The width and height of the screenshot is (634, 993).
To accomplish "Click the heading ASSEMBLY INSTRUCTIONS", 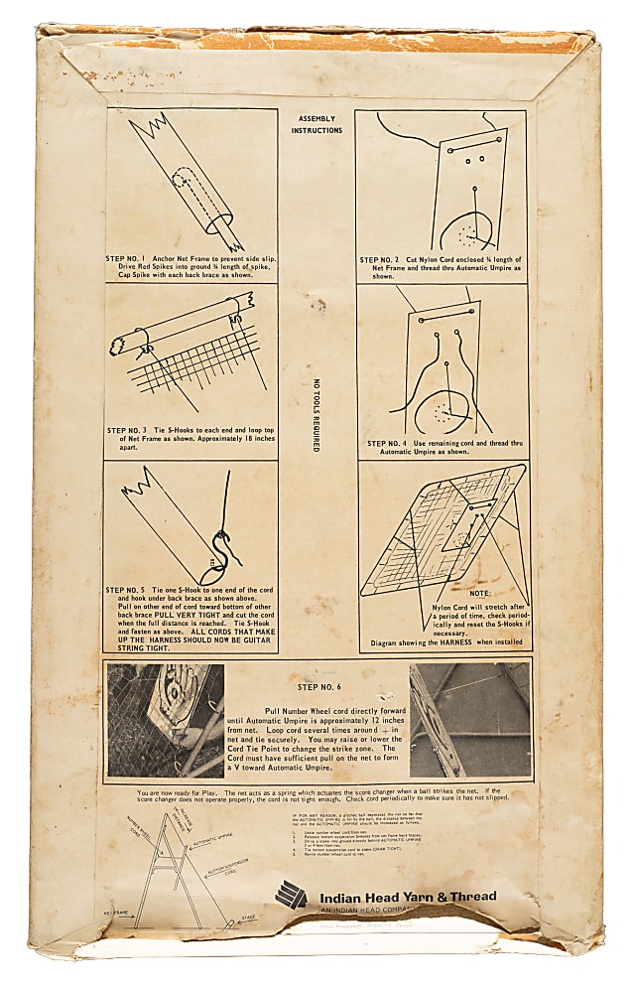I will click(317, 124).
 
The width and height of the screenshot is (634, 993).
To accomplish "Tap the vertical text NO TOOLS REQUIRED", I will click(317, 416).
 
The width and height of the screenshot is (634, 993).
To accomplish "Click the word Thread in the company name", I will click(472, 897).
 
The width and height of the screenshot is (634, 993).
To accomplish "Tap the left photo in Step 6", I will click(166, 721).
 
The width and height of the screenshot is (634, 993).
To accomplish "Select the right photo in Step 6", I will click(469, 720).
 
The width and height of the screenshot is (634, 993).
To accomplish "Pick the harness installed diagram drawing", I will click(442, 526).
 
